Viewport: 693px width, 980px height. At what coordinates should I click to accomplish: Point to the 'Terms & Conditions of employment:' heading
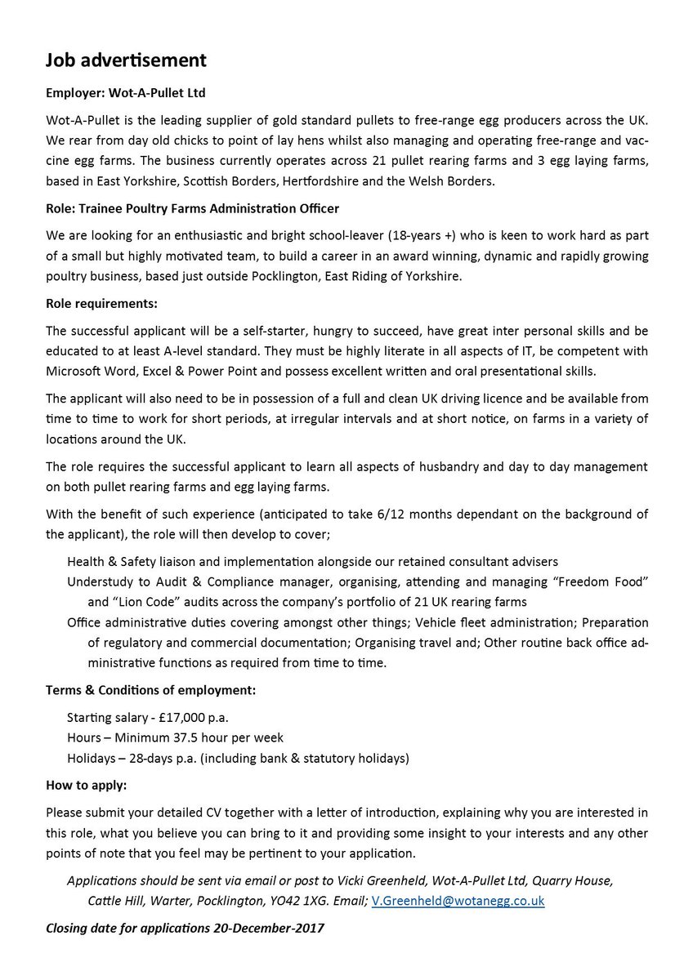pos(151,689)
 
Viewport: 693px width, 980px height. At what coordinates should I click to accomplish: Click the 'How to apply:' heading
pos(87,785)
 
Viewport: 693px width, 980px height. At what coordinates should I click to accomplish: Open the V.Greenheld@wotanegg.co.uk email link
pos(458,901)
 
